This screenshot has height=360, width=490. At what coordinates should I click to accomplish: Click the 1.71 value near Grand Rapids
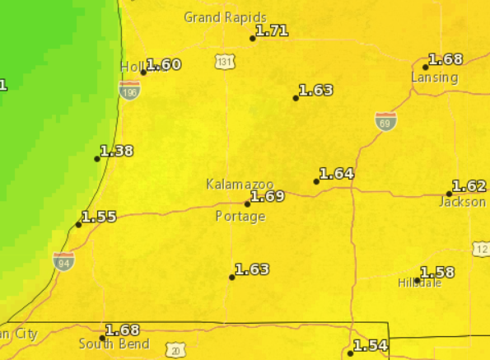273,31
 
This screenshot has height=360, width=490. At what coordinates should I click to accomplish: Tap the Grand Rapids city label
225,16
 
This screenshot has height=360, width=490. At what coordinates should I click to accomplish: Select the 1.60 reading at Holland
163,64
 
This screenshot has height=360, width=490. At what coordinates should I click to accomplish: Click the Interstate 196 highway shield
129,90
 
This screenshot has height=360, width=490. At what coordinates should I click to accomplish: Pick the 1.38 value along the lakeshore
116,151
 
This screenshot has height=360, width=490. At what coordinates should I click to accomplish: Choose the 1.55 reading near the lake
99,217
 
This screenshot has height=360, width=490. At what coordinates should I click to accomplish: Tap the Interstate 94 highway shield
63,261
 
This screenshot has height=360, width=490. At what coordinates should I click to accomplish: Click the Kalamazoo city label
239,185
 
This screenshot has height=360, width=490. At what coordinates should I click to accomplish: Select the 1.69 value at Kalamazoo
268,196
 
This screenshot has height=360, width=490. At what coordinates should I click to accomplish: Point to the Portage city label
240,217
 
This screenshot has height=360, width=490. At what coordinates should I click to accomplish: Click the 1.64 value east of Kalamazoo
337,173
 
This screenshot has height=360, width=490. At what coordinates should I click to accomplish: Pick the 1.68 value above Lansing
446,59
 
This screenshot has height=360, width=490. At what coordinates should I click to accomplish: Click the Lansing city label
435,77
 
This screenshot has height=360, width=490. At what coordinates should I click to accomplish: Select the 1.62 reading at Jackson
469,186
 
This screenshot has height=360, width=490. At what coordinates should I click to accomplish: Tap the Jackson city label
462,202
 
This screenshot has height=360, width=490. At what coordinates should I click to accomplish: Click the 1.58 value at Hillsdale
437,272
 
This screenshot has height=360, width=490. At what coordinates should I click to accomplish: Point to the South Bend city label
114,344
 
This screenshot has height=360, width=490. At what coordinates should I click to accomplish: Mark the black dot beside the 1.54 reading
350,353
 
